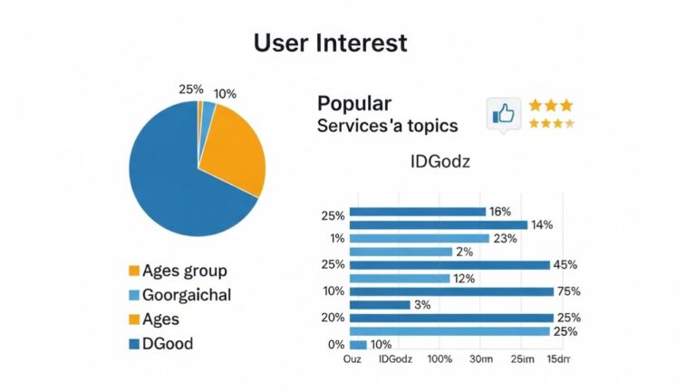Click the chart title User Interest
coord(330,43)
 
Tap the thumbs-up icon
coord(502,114)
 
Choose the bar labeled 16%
coord(417,212)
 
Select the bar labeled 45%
coord(449,264)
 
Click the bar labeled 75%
coord(450,291)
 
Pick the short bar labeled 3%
coord(379,305)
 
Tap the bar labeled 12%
coord(399,278)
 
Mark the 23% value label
coord(505,238)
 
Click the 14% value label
coord(542,224)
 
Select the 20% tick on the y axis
coord(332,318)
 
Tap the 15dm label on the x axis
coord(560,360)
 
